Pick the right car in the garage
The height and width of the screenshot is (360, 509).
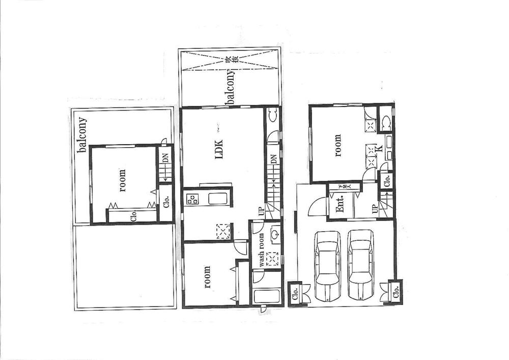(361, 265)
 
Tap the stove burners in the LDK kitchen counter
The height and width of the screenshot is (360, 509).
(193, 200)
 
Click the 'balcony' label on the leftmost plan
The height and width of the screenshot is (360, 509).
(81, 135)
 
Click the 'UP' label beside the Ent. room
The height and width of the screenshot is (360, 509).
(375, 209)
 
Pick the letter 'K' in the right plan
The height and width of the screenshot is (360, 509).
(379, 149)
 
